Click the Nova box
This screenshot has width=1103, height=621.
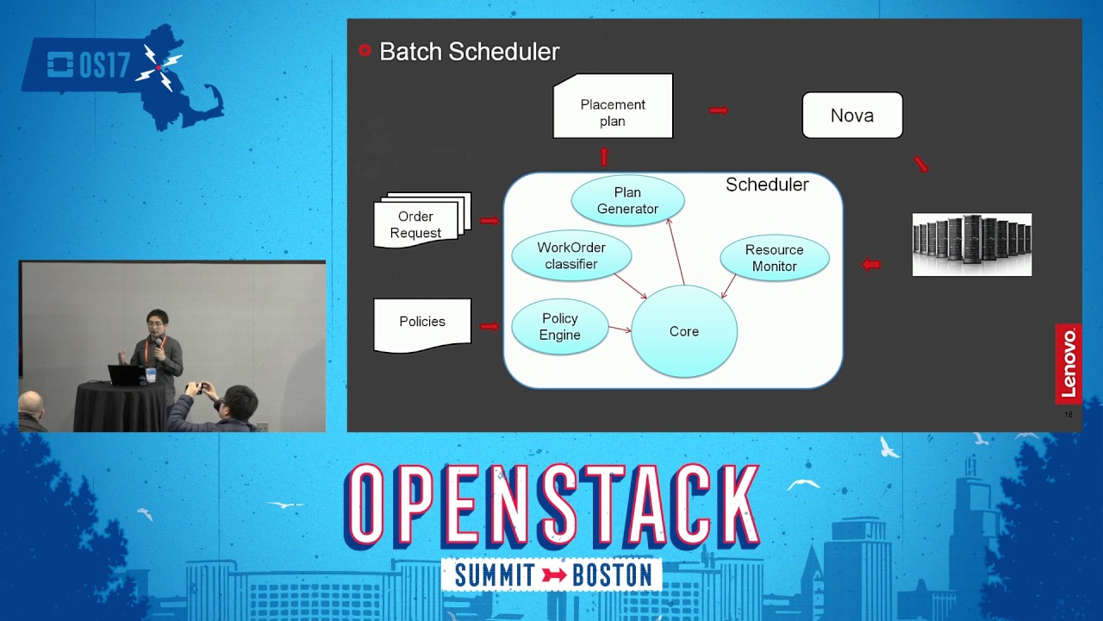click(x=852, y=116)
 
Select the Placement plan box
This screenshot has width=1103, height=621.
click(x=613, y=107)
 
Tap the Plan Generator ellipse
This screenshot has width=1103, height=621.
click(x=627, y=201)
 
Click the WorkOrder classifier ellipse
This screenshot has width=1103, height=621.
click(x=571, y=255)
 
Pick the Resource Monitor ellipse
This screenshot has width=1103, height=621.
click(x=774, y=258)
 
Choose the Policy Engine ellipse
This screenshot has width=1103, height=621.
click(x=560, y=327)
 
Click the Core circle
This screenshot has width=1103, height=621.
click(x=684, y=331)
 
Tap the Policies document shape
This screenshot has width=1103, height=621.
click(x=422, y=323)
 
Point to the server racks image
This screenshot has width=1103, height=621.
click(x=972, y=244)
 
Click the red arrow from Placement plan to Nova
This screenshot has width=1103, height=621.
click(x=719, y=110)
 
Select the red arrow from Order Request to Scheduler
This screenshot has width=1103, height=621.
click(x=489, y=222)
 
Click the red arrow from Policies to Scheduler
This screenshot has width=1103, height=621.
click(x=489, y=326)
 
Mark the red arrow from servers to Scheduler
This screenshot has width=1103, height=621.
click(x=871, y=265)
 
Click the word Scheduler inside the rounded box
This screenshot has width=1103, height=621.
click(x=767, y=185)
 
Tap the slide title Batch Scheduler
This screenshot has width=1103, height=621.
click(x=469, y=52)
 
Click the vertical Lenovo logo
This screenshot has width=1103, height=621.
click(x=1069, y=363)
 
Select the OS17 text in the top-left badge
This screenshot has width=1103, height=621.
click(x=103, y=66)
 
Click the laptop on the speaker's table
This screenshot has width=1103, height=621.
click(x=126, y=375)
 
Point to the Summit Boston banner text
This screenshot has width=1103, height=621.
click(x=551, y=574)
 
